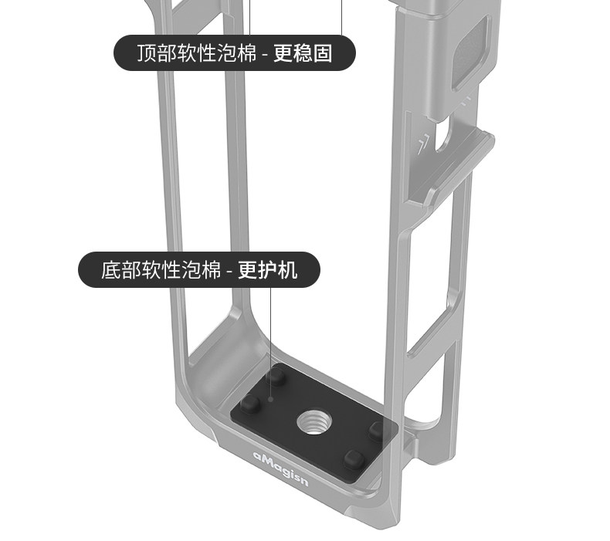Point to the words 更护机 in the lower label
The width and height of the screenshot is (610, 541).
[267, 271]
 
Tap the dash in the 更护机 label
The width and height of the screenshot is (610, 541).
[229, 272]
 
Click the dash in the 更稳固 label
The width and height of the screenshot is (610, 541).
[265, 55]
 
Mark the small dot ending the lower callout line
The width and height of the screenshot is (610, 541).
[271, 400]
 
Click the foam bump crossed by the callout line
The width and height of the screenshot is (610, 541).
[276, 377]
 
